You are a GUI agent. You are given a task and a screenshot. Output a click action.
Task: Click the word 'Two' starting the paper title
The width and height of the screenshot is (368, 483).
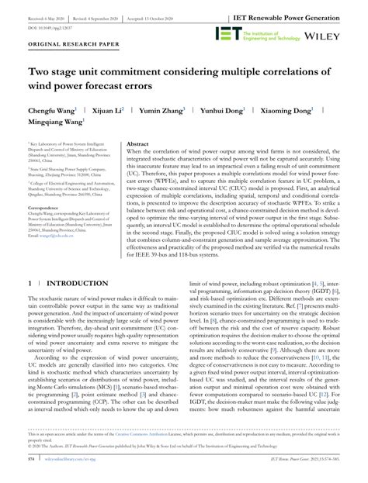[40, 72]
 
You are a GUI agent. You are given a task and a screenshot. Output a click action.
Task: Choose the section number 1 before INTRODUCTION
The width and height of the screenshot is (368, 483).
[29, 285]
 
